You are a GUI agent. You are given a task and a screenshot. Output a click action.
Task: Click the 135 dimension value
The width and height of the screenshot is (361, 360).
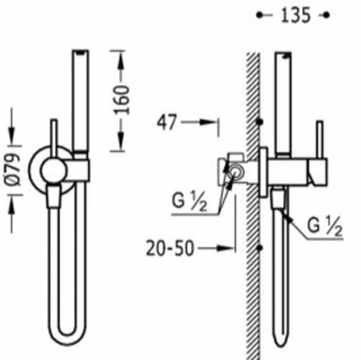pyautogui.click(x=295, y=15)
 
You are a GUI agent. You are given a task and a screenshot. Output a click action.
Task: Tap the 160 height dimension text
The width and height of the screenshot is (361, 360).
pyautogui.click(x=122, y=100)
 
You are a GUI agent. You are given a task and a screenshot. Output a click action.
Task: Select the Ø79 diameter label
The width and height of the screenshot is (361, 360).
pyautogui.click(x=13, y=169)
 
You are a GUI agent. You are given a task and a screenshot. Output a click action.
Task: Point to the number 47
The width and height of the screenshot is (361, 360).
pyautogui.click(x=167, y=122)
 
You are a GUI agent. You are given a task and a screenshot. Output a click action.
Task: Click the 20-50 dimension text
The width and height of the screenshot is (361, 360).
pyautogui.click(x=170, y=248)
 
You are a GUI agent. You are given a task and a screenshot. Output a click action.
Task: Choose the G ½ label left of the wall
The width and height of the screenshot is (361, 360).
pyautogui.click(x=190, y=202)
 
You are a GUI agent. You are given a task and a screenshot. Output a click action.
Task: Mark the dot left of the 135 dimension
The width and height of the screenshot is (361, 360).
pyautogui.click(x=259, y=15)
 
